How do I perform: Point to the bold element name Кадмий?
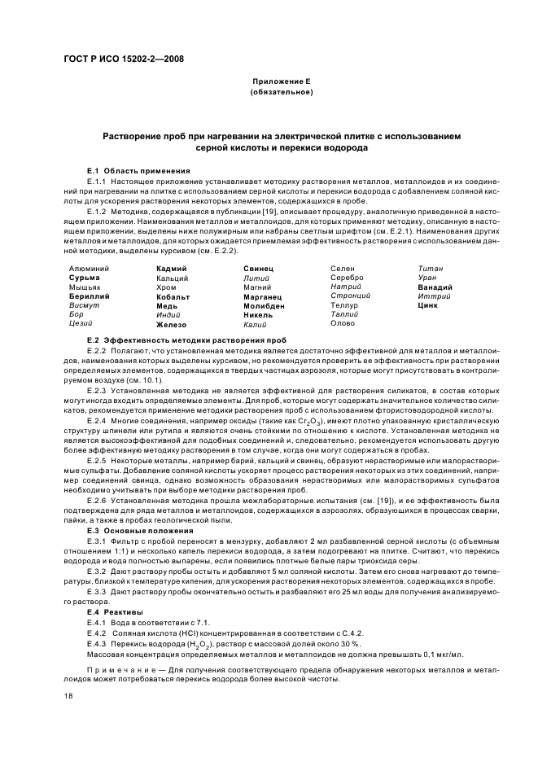(171, 268)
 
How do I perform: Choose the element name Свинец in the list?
(258, 268)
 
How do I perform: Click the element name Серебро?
(346, 278)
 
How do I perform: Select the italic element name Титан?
(430, 268)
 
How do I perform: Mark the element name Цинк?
(427, 305)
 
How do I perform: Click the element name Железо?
(172, 324)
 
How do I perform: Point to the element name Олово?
(343, 323)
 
